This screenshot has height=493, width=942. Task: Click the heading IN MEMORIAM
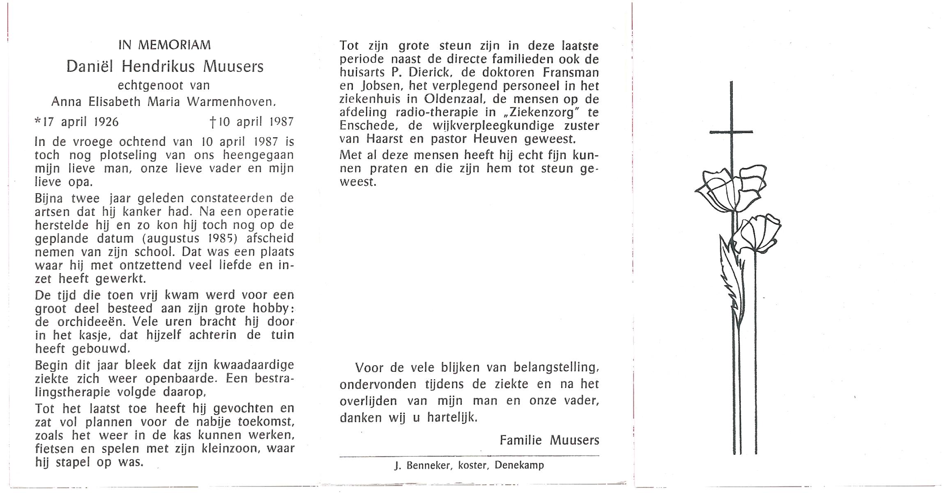(x=164, y=45)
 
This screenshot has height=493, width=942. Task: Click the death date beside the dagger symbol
(x=256, y=122)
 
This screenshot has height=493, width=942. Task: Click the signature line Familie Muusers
(x=549, y=440)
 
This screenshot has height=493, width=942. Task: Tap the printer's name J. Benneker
(x=422, y=465)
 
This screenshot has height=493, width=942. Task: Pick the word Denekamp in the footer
(x=519, y=465)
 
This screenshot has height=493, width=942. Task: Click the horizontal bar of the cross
(x=731, y=132)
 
